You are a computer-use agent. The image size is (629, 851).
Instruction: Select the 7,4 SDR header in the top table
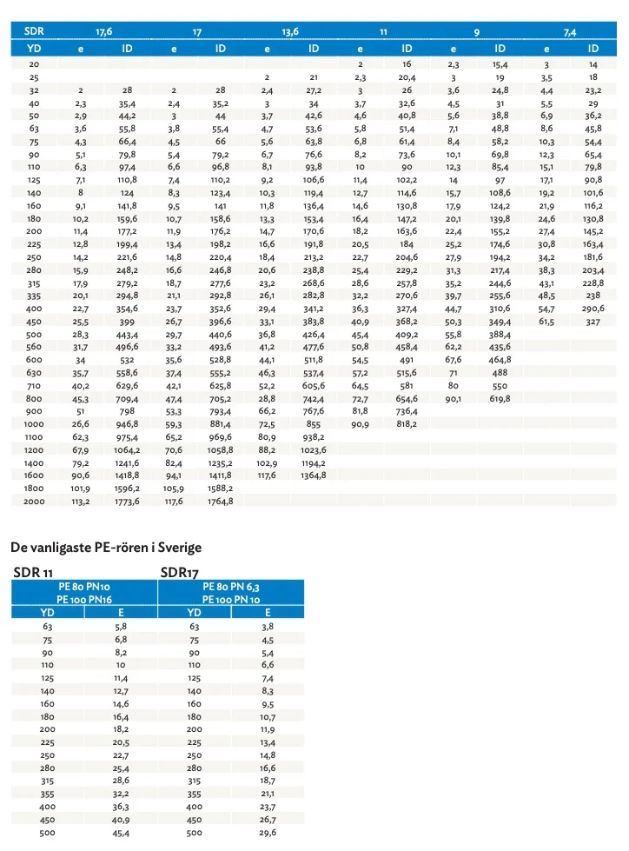coord(570,32)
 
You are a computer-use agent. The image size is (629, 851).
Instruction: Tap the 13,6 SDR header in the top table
coord(290,32)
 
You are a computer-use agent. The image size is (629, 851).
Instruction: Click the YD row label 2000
coord(34,502)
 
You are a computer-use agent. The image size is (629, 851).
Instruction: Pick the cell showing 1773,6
coord(127,502)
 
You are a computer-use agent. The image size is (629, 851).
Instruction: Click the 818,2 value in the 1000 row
coord(407,423)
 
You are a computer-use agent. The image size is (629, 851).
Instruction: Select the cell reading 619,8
coord(500,397)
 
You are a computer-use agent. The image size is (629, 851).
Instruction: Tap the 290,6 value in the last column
coord(593,308)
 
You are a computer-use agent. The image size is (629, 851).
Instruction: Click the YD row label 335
coord(34,295)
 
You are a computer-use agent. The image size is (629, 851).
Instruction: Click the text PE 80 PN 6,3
coord(231,588)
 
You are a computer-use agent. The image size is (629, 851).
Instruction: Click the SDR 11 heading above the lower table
coord(34,572)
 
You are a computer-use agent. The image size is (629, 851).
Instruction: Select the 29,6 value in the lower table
coord(268,832)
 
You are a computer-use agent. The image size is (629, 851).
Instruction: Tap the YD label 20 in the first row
coord(34,64)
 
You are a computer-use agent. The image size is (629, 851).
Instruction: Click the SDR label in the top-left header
coord(36,31)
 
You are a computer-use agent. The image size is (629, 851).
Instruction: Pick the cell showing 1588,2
coord(221,489)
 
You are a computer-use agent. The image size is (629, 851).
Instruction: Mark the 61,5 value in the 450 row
coord(546,321)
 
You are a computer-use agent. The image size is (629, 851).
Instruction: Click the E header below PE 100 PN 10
coord(268,612)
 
